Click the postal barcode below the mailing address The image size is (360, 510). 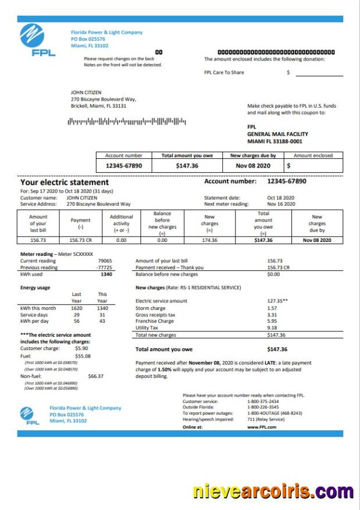[x=127, y=122]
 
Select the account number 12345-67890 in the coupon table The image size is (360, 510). [x=123, y=166]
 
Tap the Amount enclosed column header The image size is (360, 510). [x=313, y=156]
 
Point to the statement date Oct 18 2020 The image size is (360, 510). [x=280, y=198]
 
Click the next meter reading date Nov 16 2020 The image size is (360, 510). [x=281, y=204]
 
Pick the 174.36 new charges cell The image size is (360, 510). [x=209, y=240]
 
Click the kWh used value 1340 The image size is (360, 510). [x=105, y=274]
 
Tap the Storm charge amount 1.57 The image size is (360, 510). [x=272, y=308]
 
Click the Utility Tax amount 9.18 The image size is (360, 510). [x=272, y=328]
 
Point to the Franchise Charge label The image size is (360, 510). [x=154, y=321]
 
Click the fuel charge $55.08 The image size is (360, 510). [x=83, y=356]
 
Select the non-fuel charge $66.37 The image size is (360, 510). [x=95, y=376]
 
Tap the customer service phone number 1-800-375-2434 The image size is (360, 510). [x=263, y=401]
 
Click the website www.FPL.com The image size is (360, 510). [x=261, y=426]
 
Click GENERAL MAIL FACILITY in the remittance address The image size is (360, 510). [x=273, y=134]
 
